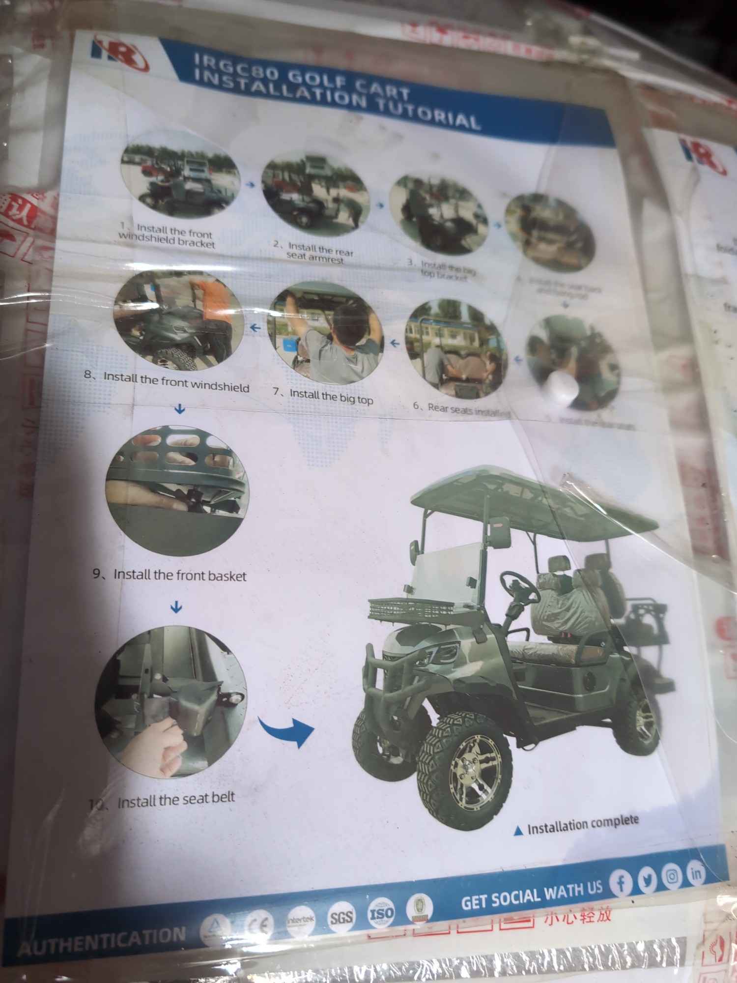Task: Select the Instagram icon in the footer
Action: point(672,876)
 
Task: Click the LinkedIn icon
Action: point(696,873)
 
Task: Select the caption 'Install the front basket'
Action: point(180,575)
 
